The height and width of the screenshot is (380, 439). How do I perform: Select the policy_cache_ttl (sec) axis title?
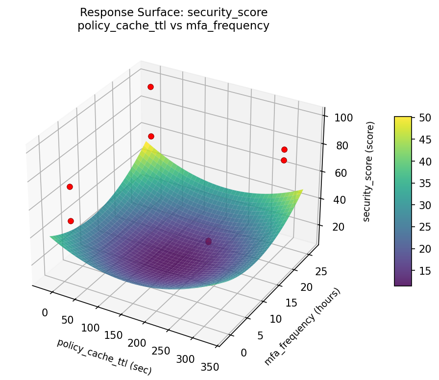point(104,356)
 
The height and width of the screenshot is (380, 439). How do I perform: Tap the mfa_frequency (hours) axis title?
point(302,327)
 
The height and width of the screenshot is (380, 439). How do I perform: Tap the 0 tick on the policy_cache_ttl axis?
point(45,312)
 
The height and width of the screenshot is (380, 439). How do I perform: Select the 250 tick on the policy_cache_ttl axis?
point(160,351)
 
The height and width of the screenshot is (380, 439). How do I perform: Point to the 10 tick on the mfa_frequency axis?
point(276,319)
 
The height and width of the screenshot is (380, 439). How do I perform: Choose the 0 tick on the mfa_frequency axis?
point(244,353)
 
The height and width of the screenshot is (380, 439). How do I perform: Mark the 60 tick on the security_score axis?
point(339,173)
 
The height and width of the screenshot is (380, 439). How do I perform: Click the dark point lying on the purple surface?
point(208,241)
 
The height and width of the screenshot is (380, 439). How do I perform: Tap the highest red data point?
point(150,87)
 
